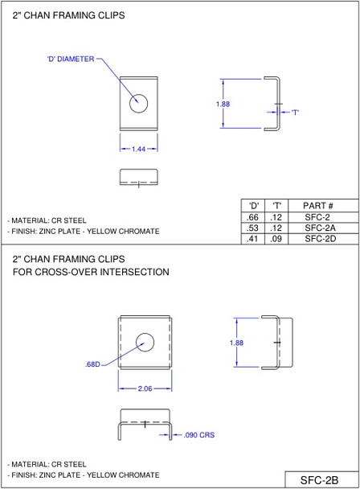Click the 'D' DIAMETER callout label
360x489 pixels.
click(x=70, y=58)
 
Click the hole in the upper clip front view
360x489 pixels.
click(x=140, y=103)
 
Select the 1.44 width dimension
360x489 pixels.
click(x=139, y=149)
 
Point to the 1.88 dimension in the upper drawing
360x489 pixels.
click(x=223, y=104)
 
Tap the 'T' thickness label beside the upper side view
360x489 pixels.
click(x=295, y=112)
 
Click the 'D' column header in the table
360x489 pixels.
click(x=253, y=206)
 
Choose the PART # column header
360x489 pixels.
click(x=317, y=206)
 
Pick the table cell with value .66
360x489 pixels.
click(x=253, y=217)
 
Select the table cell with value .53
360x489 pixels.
click(x=253, y=228)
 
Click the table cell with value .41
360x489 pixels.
click(x=253, y=238)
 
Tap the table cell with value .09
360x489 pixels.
click(x=276, y=238)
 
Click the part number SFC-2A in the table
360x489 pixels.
click(x=317, y=228)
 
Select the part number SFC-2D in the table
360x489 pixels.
click(x=317, y=238)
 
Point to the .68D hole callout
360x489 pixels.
click(x=92, y=364)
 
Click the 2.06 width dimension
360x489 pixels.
click(x=145, y=388)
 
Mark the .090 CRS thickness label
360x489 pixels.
click(x=199, y=434)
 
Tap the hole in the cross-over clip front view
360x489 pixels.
click(x=145, y=340)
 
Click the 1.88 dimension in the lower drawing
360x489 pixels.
click(x=236, y=343)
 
